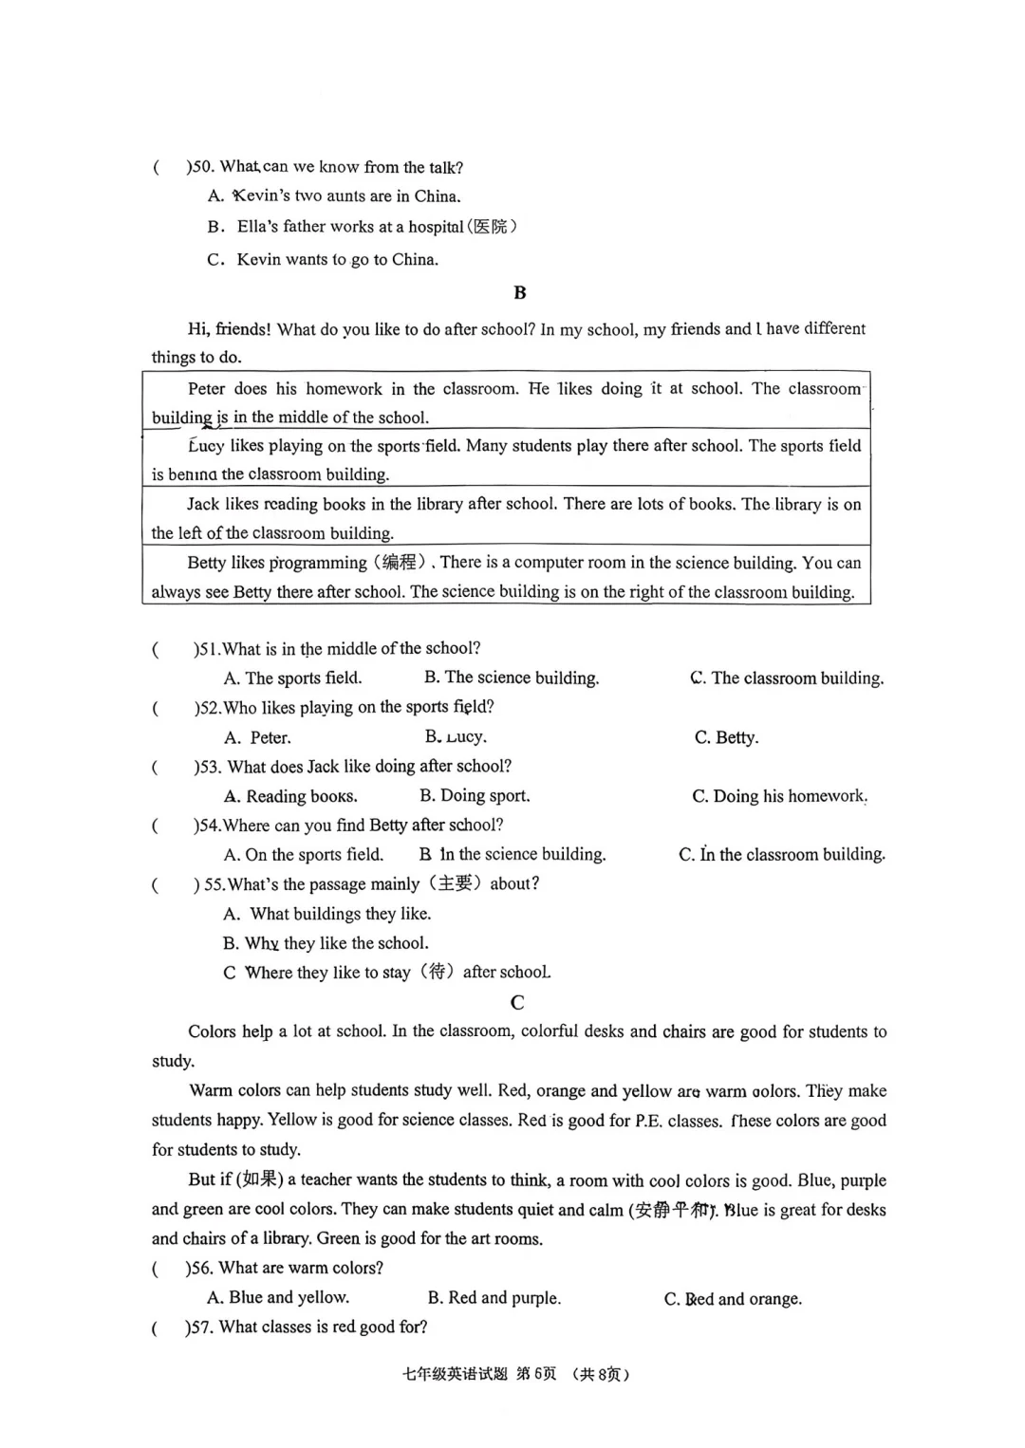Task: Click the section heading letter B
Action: pyautogui.click(x=519, y=293)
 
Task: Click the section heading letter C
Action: pyautogui.click(x=517, y=1002)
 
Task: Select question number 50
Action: pyautogui.click(x=200, y=167)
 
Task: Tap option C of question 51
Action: pyautogui.click(x=787, y=678)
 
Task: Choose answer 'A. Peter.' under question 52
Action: pyautogui.click(x=257, y=737)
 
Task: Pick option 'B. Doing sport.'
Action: pyautogui.click(x=475, y=795)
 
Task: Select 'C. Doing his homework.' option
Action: pyautogui.click(x=779, y=796)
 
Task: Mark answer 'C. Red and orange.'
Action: pyautogui.click(x=733, y=1298)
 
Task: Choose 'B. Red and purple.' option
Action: pyautogui.click(x=494, y=1297)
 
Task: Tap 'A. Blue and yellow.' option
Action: pyautogui.click(x=278, y=1297)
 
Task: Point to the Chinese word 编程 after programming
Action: pyautogui.click(x=400, y=563)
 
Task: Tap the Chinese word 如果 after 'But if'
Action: pyautogui.click(x=259, y=1179)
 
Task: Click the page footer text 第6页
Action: pyautogui.click(x=536, y=1374)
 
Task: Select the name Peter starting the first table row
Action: pyautogui.click(x=206, y=388)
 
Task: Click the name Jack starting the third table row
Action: pyautogui.click(x=203, y=504)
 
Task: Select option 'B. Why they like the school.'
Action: pyautogui.click(x=326, y=943)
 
